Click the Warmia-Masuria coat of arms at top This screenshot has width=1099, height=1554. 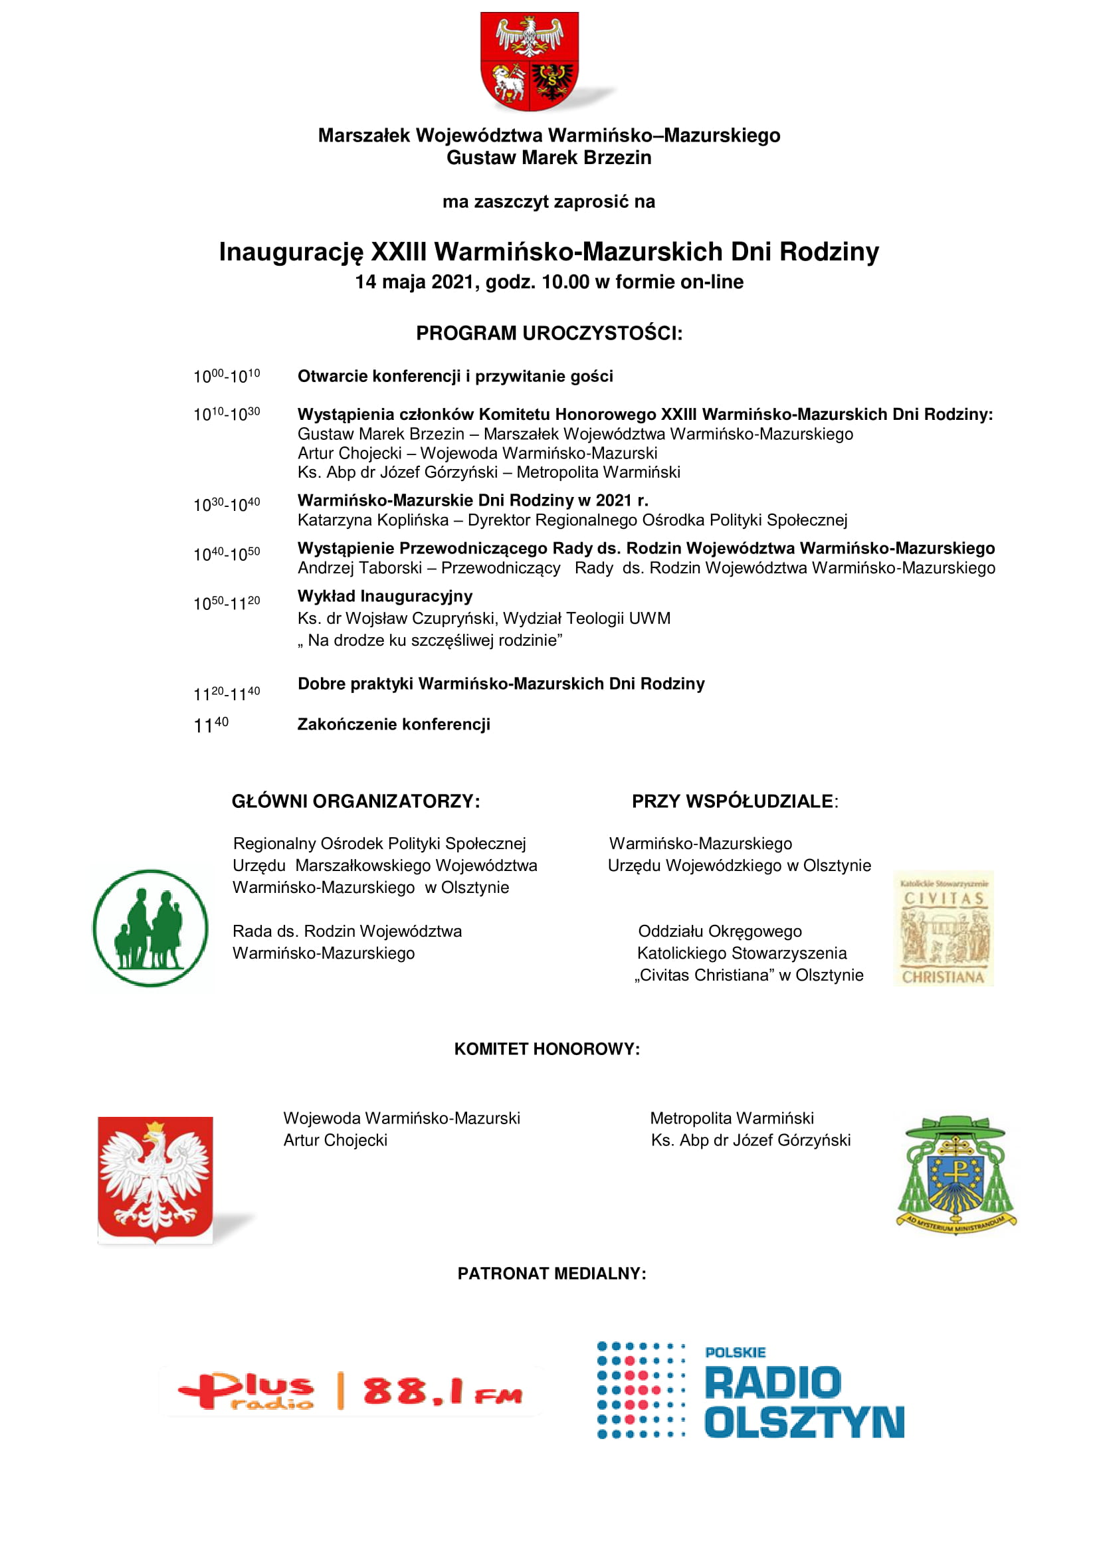[529, 61]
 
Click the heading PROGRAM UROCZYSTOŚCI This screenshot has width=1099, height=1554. [549, 333]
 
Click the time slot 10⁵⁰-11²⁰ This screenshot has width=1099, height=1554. [226, 603]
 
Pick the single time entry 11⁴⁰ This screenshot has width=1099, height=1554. [211, 725]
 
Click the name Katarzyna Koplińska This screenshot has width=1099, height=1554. [373, 520]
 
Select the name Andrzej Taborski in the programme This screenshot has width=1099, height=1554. [359, 567]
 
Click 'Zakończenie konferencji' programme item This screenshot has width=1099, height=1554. [394, 724]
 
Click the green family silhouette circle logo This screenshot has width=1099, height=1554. [150, 928]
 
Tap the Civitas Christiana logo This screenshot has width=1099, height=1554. [944, 928]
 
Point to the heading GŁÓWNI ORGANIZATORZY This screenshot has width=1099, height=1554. [356, 801]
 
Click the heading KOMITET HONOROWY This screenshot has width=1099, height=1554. [547, 1049]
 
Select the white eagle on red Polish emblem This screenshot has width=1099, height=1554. [155, 1179]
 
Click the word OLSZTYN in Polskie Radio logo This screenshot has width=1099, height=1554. [804, 1422]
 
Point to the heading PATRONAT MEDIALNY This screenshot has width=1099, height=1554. [551, 1274]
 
